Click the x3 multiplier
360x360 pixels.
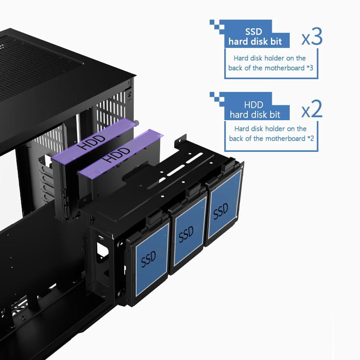coord(312,36)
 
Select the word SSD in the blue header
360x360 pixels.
coord(253,32)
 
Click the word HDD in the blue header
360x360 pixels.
coord(253,105)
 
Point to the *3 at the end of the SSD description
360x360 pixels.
coord(310,68)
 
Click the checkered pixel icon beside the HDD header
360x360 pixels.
coord(217,99)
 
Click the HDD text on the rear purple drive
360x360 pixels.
coord(91,142)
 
